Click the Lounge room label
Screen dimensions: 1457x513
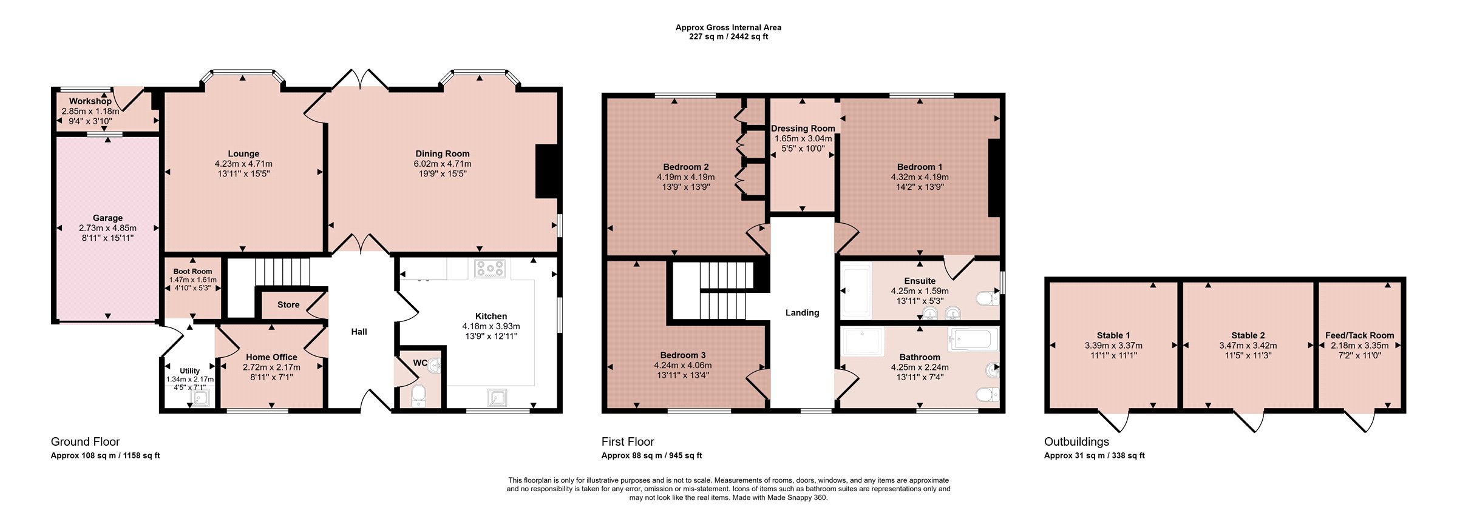(x=243, y=154)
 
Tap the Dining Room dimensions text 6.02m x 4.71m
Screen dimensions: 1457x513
(x=443, y=164)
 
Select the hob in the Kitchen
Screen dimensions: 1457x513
(x=490, y=269)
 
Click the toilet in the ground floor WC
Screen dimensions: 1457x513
(x=418, y=395)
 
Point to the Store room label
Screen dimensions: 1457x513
(x=288, y=305)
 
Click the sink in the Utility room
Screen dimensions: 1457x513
(x=201, y=398)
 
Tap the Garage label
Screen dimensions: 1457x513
(x=107, y=218)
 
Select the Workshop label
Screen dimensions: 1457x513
(x=90, y=101)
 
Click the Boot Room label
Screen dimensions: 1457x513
(x=192, y=272)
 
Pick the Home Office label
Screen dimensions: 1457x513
(x=271, y=358)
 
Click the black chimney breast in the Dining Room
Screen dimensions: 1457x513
(x=546, y=171)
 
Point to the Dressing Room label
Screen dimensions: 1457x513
(x=803, y=129)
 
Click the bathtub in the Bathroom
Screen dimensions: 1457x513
(x=974, y=340)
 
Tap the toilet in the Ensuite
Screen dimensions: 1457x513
(x=987, y=298)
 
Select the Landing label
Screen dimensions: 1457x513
(x=803, y=313)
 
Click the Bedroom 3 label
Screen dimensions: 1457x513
(x=683, y=355)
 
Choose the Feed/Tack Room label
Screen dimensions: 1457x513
(x=1360, y=335)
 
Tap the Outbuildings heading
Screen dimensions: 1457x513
(x=1076, y=442)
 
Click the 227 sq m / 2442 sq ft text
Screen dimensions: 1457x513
(x=728, y=36)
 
